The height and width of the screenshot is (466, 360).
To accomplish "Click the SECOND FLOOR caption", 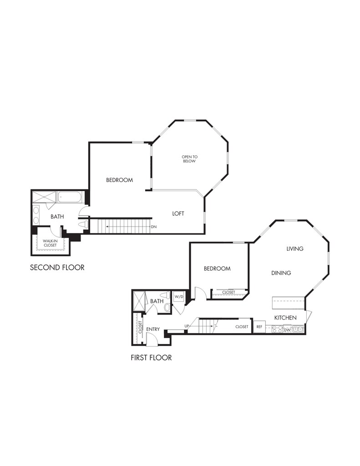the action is (x=57, y=267).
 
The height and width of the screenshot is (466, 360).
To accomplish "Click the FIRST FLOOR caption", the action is (x=151, y=358).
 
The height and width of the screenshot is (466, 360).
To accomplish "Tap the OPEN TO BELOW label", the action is (x=189, y=159).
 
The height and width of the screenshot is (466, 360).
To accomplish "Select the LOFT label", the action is (x=178, y=213).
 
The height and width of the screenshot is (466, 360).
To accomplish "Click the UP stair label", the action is (x=187, y=326).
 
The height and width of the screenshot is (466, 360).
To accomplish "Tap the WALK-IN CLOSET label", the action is (x=50, y=243).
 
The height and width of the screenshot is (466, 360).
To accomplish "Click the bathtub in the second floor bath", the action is (x=70, y=198).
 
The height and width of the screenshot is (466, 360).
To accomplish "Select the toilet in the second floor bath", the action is (x=82, y=224).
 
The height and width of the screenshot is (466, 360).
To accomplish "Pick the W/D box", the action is (x=178, y=297).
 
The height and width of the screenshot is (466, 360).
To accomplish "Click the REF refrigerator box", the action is (x=259, y=327).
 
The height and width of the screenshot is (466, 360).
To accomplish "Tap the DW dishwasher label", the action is (x=287, y=329).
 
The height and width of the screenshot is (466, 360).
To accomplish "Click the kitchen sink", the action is (x=299, y=329).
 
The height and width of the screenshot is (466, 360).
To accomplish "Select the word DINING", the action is (x=281, y=273).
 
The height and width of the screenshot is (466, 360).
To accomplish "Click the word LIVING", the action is (x=294, y=249).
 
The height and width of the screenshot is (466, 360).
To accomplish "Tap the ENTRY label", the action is (x=153, y=329).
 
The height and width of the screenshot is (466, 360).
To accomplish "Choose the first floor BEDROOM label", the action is (x=217, y=268).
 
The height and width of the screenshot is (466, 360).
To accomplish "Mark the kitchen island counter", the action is (x=288, y=302).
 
